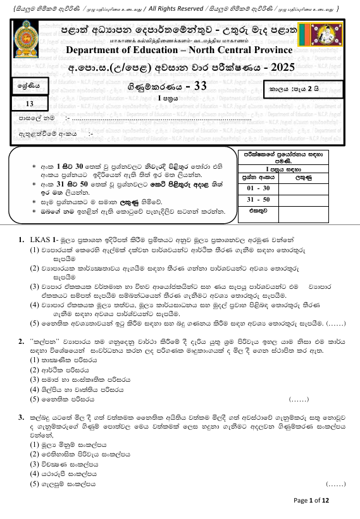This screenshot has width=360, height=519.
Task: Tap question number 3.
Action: click(x=22, y=418)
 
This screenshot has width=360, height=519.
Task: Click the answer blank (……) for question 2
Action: click(x=298, y=399)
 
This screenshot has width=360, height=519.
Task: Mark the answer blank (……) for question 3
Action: click(x=335, y=484)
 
